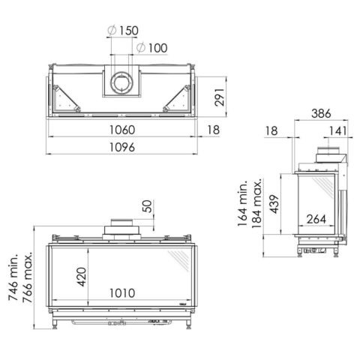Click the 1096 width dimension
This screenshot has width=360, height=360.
tap(121, 148)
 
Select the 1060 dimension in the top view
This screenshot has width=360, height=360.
tap(121, 130)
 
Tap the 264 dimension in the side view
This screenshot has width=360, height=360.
tap(316, 220)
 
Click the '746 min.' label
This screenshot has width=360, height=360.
tap(13, 278)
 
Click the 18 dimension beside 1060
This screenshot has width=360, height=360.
tap(213, 130)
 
